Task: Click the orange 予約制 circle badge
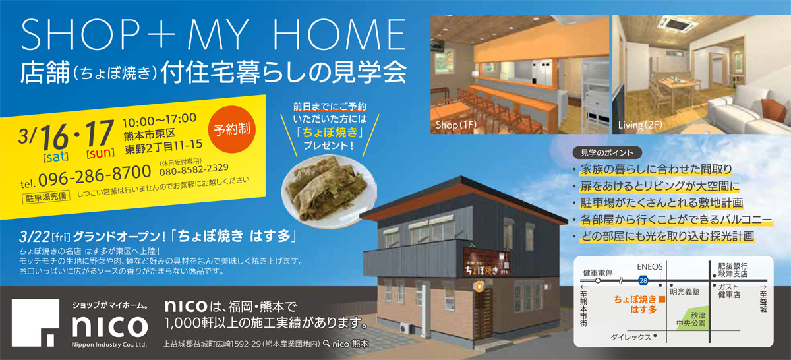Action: click(x=231, y=129)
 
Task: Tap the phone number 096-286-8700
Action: click(x=95, y=175)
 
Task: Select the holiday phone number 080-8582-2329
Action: click(x=194, y=170)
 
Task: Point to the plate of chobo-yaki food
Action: click(x=329, y=191)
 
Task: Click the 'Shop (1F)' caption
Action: click(x=456, y=125)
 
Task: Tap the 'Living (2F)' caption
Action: click(x=640, y=125)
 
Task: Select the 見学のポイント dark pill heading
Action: click(x=607, y=152)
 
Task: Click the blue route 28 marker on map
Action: click(x=643, y=280)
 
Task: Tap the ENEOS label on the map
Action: click(x=650, y=267)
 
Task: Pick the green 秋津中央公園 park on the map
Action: click(x=693, y=318)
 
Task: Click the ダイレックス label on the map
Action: click(x=631, y=337)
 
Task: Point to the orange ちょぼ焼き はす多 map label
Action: click(x=635, y=304)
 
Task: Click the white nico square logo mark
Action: click(x=36, y=323)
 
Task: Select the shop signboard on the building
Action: click(x=486, y=262)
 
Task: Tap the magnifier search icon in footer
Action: click(x=327, y=343)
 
